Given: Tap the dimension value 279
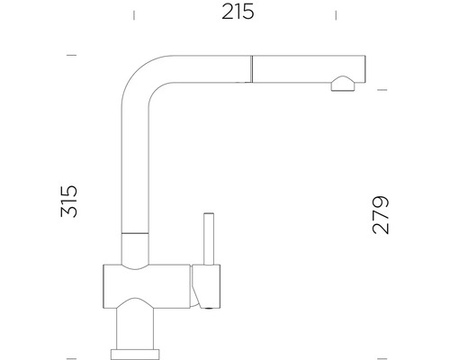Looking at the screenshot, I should (x=381, y=214).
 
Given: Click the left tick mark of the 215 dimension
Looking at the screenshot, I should (x=133, y=13).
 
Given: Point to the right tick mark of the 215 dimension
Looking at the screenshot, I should (x=336, y=13).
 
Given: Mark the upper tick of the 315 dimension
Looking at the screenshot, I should (x=71, y=55).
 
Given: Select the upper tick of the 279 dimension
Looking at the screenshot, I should (x=381, y=90).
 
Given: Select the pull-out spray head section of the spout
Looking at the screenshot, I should (x=306, y=67).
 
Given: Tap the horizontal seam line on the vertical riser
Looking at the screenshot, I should (x=134, y=233).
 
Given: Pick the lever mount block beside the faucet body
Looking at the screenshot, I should (x=204, y=286).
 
